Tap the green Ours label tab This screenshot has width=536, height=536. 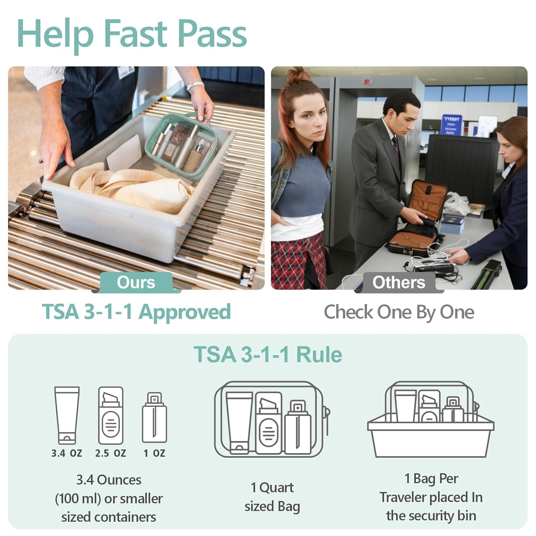pyautogui.click(x=136, y=282)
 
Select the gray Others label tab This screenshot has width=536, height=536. pyautogui.click(x=399, y=282)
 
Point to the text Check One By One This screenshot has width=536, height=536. pyautogui.click(x=399, y=312)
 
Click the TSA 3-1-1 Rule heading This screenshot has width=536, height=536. pyautogui.click(x=268, y=354)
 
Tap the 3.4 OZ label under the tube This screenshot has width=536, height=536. pyautogui.click(x=67, y=453)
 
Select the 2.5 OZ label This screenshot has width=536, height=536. pyautogui.click(x=111, y=453)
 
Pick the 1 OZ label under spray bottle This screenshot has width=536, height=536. pyautogui.click(x=154, y=453)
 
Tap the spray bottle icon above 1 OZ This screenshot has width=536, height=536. pyautogui.click(x=154, y=418)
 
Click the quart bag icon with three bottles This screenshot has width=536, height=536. pyautogui.click(x=272, y=420)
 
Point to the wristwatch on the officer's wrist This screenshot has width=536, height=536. pyautogui.click(x=195, y=86)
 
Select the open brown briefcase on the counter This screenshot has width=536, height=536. pyautogui.click(x=416, y=218)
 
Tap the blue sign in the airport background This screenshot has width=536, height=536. pyautogui.click(x=452, y=124)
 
